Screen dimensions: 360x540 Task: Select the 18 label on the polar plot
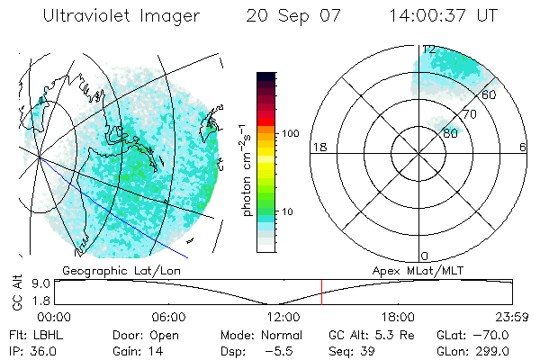pos(318,147)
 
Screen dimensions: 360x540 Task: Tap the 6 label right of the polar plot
pos(523,147)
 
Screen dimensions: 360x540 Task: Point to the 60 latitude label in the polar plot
pos(490,94)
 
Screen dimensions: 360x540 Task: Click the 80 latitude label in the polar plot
pos(449,133)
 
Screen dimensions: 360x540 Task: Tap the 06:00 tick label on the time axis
pos(168,317)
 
